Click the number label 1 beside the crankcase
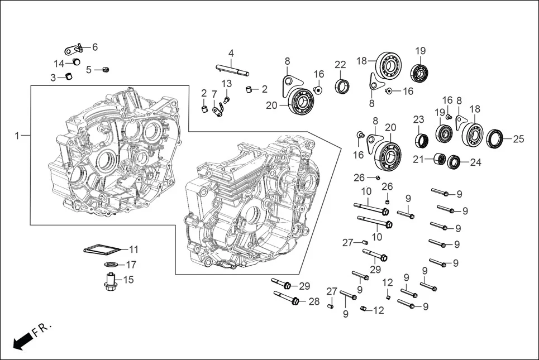(x=17, y=136)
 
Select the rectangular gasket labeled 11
(x=102, y=249)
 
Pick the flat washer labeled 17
(x=111, y=264)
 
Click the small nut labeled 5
(x=105, y=69)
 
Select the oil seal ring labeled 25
(x=495, y=138)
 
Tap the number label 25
(x=518, y=138)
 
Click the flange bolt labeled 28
(x=287, y=299)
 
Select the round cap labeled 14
(x=77, y=62)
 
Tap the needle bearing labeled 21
(x=440, y=160)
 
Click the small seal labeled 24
(x=454, y=162)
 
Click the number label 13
(x=226, y=84)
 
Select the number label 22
(x=340, y=65)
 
